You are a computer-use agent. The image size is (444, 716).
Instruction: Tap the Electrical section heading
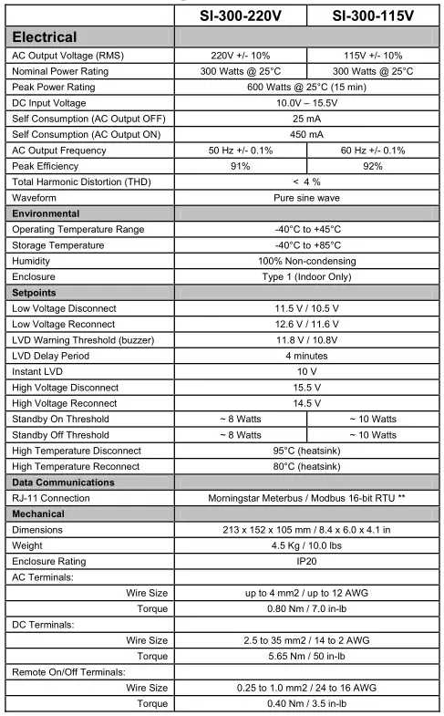click(57, 38)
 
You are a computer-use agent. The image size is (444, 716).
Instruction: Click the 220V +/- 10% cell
click(242, 56)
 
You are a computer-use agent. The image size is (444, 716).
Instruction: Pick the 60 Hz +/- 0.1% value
click(373, 150)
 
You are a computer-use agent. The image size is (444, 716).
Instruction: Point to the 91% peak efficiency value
click(242, 166)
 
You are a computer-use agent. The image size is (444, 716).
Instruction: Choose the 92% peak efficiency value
click(373, 166)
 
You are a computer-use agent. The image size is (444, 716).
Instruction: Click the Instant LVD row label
click(41, 371)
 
